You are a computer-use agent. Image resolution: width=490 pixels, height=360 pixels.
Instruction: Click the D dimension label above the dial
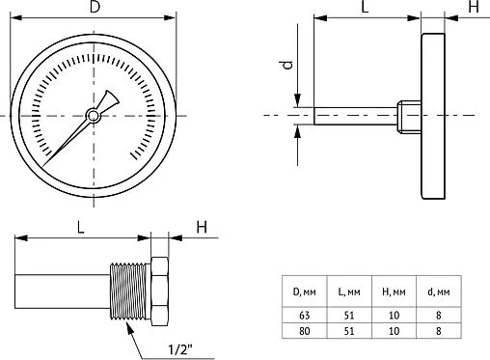coord(93,8)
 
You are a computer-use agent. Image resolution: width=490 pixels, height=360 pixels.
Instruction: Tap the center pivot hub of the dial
coord(93,116)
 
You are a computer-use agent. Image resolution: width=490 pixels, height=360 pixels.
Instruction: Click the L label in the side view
coord(365,8)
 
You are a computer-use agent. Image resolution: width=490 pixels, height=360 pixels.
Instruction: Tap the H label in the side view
coord(473,8)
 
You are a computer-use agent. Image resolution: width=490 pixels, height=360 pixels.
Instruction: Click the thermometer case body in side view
coord(434,117)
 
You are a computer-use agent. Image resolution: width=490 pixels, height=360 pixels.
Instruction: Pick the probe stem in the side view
coord(352,116)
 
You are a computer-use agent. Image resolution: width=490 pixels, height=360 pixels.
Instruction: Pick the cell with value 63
coord(304,315)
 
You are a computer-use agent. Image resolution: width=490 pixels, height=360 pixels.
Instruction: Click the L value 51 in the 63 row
coord(348,315)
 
